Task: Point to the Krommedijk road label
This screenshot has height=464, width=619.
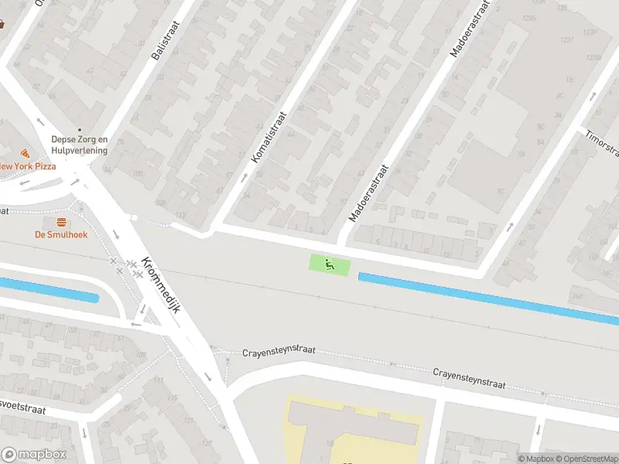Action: [x=163, y=285]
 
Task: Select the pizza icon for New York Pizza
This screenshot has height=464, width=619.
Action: [x=25, y=153]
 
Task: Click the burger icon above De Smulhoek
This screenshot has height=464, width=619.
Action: [x=60, y=222]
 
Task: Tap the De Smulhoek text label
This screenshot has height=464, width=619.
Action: [x=60, y=234]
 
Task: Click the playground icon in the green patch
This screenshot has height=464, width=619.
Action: [x=330, y=264]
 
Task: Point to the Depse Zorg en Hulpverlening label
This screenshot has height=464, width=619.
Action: [x=79, y=145]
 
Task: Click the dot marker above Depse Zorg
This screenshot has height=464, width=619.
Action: [x=79, y=130]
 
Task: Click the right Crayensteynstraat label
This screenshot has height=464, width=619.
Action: [x=469, y=378]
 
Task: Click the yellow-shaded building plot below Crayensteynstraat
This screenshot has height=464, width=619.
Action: [x=356, y=429]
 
